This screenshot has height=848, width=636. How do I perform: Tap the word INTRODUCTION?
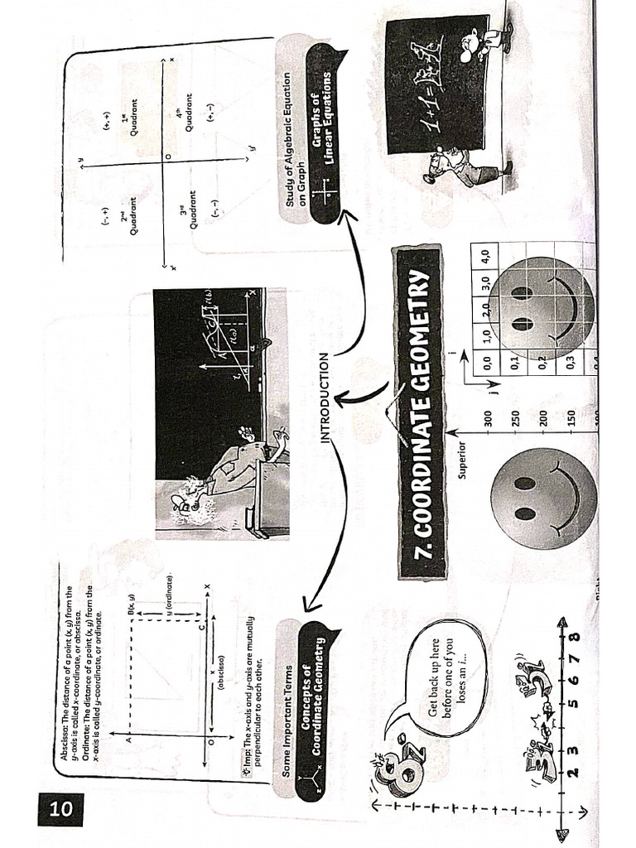point(324,397)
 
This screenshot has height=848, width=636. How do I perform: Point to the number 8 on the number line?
point(571,640)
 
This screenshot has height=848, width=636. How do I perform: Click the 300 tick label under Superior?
point(489,419)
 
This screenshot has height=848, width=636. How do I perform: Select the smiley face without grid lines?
point(543,498)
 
